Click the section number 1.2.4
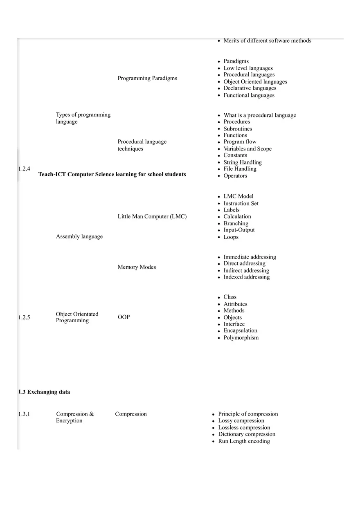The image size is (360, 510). click(24, 169)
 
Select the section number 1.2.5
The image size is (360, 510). click(24, 317)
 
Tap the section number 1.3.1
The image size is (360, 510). click(24, 414)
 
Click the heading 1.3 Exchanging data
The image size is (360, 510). click(44, 392)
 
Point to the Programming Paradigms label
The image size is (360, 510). click(147, 78)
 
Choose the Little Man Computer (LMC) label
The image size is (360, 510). click(152, 216)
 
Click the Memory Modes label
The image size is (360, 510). click(137, 267)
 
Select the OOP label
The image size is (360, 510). click(124, 317)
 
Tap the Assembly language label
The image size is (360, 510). click(79, 236)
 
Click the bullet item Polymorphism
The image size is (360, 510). click(241, 338)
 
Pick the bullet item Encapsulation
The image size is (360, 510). click(240, 330)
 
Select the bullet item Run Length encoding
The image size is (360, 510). click(244, 441)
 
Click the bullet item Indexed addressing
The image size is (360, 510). click(246, 277)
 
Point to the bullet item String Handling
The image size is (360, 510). click(243, 162)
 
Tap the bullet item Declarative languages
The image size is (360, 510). click(250, 88)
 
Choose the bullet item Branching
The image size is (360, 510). click(236, 223)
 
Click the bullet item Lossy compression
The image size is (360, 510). click(241, 420)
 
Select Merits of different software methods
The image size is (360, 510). click(267, 40)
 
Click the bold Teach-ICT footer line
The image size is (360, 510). click(112, 174)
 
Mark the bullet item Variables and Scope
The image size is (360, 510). click(248, 149)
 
